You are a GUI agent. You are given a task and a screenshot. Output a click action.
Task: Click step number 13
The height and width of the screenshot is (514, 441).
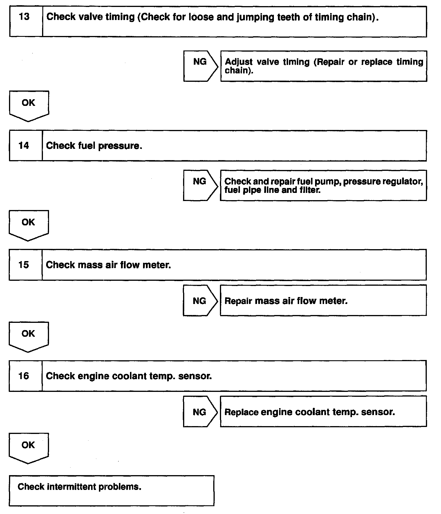click(24, 17)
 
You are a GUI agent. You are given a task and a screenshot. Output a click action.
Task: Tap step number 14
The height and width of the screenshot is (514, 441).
click(24, 145)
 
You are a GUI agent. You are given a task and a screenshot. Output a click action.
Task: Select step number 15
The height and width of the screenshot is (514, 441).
click(24, 265)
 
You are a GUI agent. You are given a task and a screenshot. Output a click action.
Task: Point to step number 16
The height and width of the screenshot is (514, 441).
click(24, 376)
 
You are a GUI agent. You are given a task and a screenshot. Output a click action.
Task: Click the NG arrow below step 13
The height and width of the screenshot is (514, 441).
click(200, 66)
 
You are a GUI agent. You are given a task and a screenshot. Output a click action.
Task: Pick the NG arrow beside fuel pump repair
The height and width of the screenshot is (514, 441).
click(200, 185)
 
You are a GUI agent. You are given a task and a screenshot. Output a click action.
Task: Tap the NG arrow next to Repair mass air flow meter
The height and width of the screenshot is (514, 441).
click(200, 301)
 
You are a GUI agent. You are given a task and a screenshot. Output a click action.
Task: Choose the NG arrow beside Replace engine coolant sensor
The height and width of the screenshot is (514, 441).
click(200, 412)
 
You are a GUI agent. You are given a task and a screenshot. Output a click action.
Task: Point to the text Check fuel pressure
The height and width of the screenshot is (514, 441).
click(94, 146)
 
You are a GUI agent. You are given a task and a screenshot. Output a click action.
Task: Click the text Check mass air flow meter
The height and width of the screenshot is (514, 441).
click(108, 265)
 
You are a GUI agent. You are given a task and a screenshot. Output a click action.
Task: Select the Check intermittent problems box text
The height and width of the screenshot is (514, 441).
click(79, 486)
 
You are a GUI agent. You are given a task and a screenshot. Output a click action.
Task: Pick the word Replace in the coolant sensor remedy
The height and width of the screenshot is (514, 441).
click(241, 412)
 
